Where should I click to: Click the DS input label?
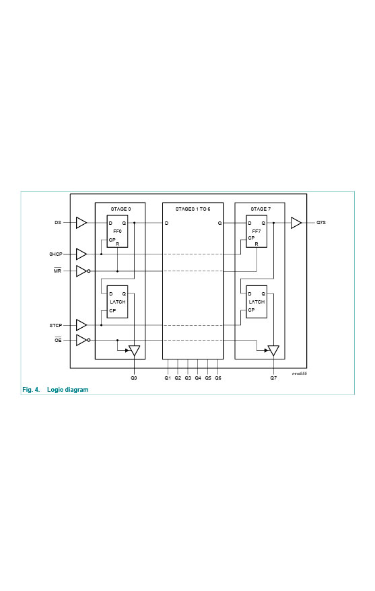click(58, 223)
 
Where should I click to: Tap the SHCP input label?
click(55, 254)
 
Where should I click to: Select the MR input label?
click(57, 271)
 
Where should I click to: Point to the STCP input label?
click(55, 325)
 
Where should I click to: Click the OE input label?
click(58, 340)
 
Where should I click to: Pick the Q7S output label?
click(321, 223)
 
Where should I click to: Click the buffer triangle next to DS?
click(81, 223)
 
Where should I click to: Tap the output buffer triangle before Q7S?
click(296, 223)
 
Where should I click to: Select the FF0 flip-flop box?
click(117, 232)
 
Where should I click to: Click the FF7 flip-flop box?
click(257, 232)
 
